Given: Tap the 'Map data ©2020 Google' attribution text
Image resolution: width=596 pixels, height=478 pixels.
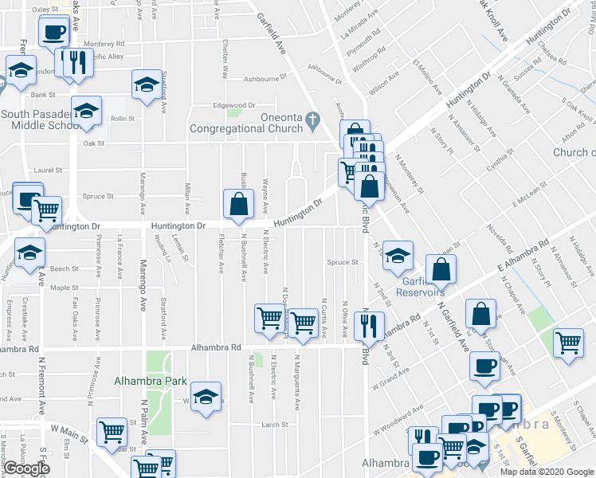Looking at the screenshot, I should coord(547,472).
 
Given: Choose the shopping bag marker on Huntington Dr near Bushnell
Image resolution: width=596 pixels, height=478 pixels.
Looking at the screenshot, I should coord(238,205).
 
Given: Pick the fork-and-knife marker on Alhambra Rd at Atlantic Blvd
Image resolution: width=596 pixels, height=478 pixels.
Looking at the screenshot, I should coord(367,325).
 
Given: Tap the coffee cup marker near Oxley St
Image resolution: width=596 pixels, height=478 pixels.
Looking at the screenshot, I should coord(53,33).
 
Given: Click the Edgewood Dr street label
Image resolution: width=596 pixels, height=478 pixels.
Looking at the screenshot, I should coord(233,105).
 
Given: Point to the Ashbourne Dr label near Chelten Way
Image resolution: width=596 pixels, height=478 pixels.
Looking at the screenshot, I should coord(265,79).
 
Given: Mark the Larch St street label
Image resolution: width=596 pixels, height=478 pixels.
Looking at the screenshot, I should coord(273,425).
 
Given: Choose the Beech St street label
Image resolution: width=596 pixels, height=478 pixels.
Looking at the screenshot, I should coord(65,269).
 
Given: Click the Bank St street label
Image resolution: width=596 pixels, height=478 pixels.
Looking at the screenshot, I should coord(41,95).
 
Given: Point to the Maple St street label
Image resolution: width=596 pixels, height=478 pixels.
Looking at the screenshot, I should coord(61,288).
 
